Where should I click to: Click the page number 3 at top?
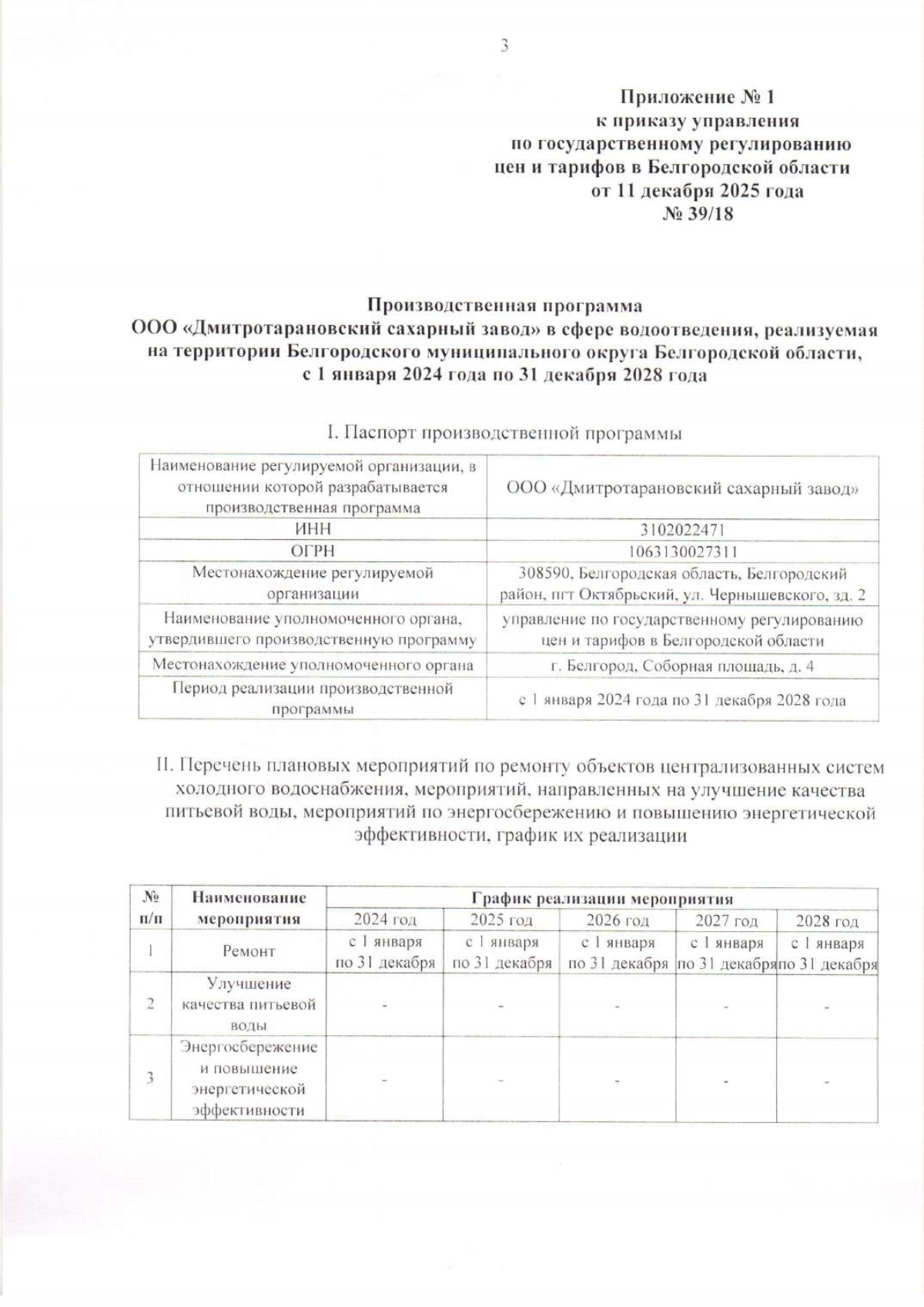[504, 46]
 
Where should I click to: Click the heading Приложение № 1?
[698, 97]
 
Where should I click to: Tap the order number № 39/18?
[698, 213]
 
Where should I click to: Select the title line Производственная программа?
[504, 306]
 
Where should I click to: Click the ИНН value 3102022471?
[682, 530]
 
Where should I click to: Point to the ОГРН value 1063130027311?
[682, 551]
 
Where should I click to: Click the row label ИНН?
[313, 530]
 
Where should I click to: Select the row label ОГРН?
[313, 551]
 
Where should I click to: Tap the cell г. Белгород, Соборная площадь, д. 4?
[682, 666]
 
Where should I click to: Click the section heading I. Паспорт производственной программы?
[504, 434]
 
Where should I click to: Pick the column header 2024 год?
[385, 920]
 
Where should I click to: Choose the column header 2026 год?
[618, 920]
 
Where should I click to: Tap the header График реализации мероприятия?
[602, 899]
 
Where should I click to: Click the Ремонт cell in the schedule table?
[249, 952]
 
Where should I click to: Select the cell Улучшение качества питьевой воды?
[249, 1004]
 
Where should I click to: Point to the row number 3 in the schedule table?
[150, 1077]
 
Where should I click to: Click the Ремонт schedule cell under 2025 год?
[501, 953]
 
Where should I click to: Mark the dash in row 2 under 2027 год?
[726, 1006]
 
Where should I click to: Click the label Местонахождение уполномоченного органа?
[313, 665]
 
